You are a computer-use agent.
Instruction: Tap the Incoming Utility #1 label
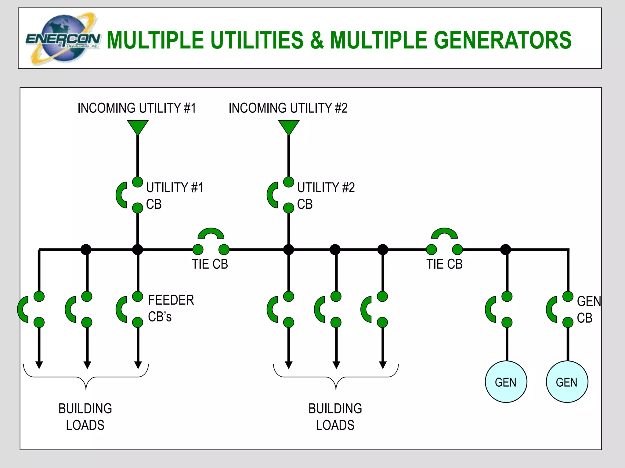point(136,108)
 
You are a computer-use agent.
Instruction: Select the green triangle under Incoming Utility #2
point(288,126)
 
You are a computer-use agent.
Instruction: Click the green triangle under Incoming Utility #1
point(138,126)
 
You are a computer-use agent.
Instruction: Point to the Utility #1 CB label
point(174,196)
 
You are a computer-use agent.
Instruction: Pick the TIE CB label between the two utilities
point(210,264)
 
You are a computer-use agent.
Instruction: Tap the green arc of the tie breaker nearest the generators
point(444,233)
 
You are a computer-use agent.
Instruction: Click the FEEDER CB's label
point(170,308)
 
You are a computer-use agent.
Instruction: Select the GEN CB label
point(588,310)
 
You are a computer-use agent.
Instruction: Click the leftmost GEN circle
point(506,382)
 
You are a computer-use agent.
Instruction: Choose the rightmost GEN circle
point(567,382)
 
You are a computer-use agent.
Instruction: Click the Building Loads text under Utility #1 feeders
point(85,417)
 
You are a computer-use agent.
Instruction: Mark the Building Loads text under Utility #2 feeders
point(335,417)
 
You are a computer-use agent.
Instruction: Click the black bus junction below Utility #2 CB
point(288,250)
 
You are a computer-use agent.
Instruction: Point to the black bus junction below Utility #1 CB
point(138,250)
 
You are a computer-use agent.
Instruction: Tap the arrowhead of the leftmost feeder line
point(39,365)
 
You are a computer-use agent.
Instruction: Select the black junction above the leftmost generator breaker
point(506,250)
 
